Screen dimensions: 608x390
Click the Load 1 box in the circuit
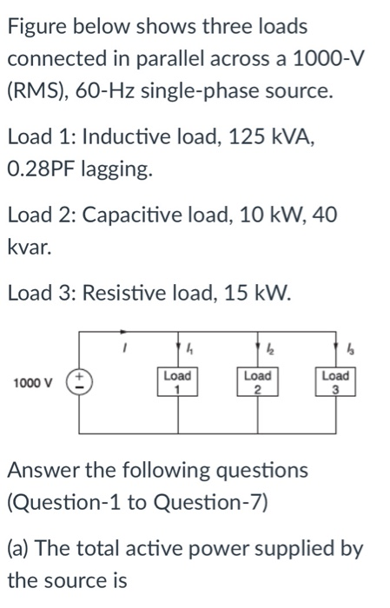click(179, 382)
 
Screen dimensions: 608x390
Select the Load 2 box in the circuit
click(257, 382)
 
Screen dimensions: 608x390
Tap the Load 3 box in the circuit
click(335, 382)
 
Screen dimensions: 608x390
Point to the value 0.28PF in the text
click(42, 169)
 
